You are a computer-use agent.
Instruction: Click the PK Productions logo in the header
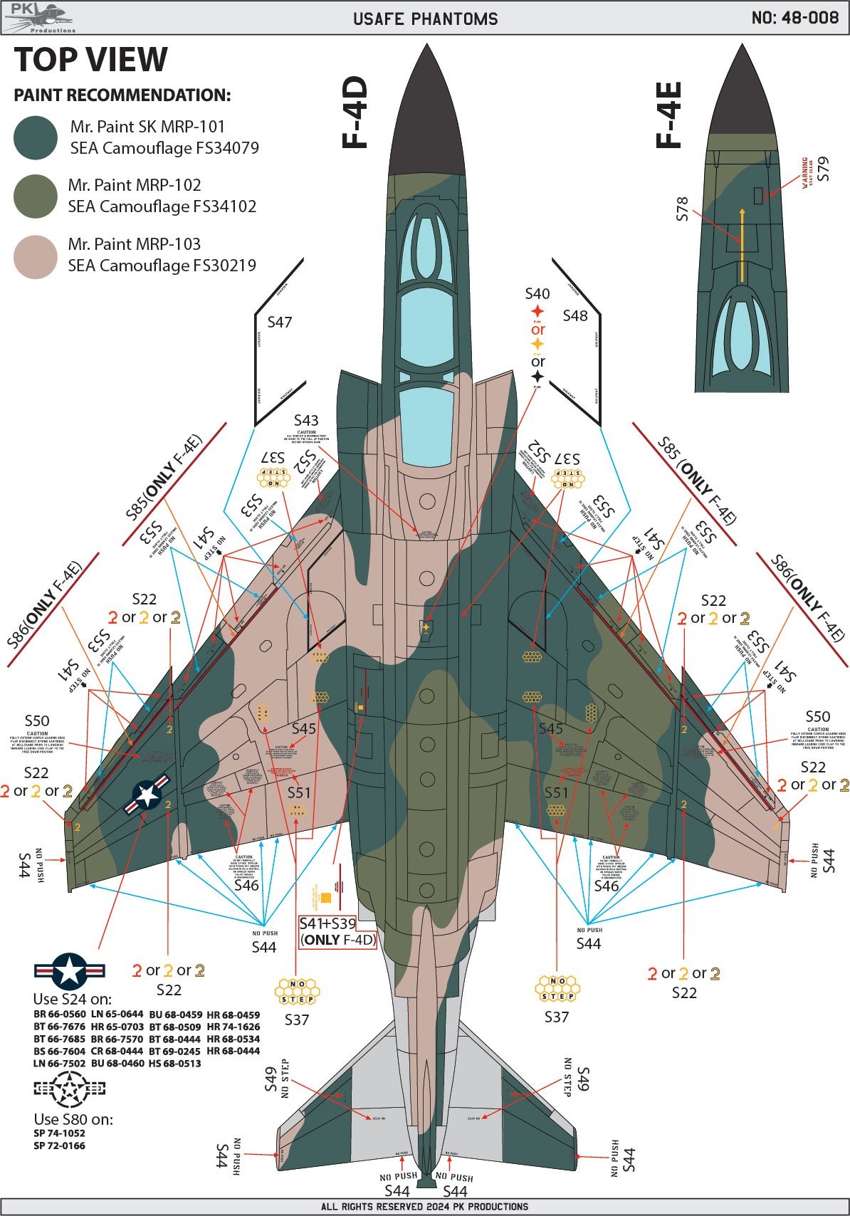(39, 18)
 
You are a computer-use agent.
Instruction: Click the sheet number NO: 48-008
(794, 18)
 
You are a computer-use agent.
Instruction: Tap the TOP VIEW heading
(91, 60)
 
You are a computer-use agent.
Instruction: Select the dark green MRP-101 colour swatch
(36, 137)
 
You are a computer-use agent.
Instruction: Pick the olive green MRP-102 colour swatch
(36, 196)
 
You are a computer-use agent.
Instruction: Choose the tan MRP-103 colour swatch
(36, 255)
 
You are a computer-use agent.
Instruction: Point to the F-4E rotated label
(668, 115)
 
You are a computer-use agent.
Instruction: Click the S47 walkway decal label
(280, 323)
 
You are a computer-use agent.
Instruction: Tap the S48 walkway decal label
(575, 315)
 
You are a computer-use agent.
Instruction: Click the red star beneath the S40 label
(537, 311)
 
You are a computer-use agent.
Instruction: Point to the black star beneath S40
(537, 377)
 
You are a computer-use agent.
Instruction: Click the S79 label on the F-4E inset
(824, 169)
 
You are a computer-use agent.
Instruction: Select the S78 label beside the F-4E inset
(682, 209)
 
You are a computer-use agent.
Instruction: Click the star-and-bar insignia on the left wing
(147, 794)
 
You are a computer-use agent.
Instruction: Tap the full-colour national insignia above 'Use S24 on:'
(70, 970)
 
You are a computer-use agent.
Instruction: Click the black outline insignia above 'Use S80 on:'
(70, 1088)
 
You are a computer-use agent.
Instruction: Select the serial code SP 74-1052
(59, 1133)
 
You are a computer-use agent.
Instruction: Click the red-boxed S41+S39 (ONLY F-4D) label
(337, 931)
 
